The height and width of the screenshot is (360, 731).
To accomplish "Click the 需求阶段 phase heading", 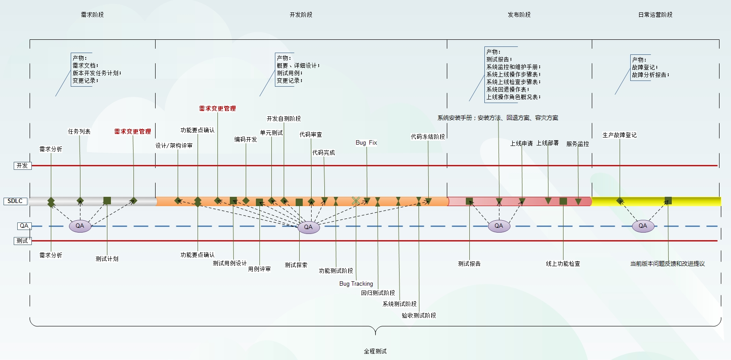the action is (x=92, y=15).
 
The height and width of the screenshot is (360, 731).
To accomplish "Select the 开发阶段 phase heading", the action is (x=301, y=15).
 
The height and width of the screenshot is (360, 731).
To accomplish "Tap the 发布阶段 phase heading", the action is (x=519, y=15).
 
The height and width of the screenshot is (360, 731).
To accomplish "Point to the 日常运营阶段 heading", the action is (x=655, y=15).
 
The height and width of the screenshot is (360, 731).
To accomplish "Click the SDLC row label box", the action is (x=15, y=201).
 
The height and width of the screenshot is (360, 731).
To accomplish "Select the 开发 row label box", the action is (x=22, y=166).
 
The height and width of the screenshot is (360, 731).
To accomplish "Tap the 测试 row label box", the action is (x=22, y=241).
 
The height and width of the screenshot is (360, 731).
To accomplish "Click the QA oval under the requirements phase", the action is (x=80, y=226).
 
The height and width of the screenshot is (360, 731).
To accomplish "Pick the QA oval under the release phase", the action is (x=499, y=226).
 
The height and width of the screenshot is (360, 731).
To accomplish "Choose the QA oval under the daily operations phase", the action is (x=643, y=226).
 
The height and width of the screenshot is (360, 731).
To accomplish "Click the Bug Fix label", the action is (x=366, y=143).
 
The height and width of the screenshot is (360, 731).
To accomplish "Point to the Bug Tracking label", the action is (x=356, y=284).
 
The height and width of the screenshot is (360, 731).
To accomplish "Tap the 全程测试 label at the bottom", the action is (x=375, y=351).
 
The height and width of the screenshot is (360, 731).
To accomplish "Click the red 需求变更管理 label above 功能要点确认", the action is (x=217, y=108).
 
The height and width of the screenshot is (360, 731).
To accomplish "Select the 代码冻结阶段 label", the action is (x=428, y=137).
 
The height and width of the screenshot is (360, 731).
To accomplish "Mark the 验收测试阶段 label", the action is (x=419, y=315).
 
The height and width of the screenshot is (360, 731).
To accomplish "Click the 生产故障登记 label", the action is (x=620, y=135).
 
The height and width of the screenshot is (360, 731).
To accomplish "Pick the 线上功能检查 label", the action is (x=563, y=264).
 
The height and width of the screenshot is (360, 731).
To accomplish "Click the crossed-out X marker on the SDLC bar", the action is (x=356, y=201).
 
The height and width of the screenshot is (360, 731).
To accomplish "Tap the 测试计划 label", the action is (x=107, y=259).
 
